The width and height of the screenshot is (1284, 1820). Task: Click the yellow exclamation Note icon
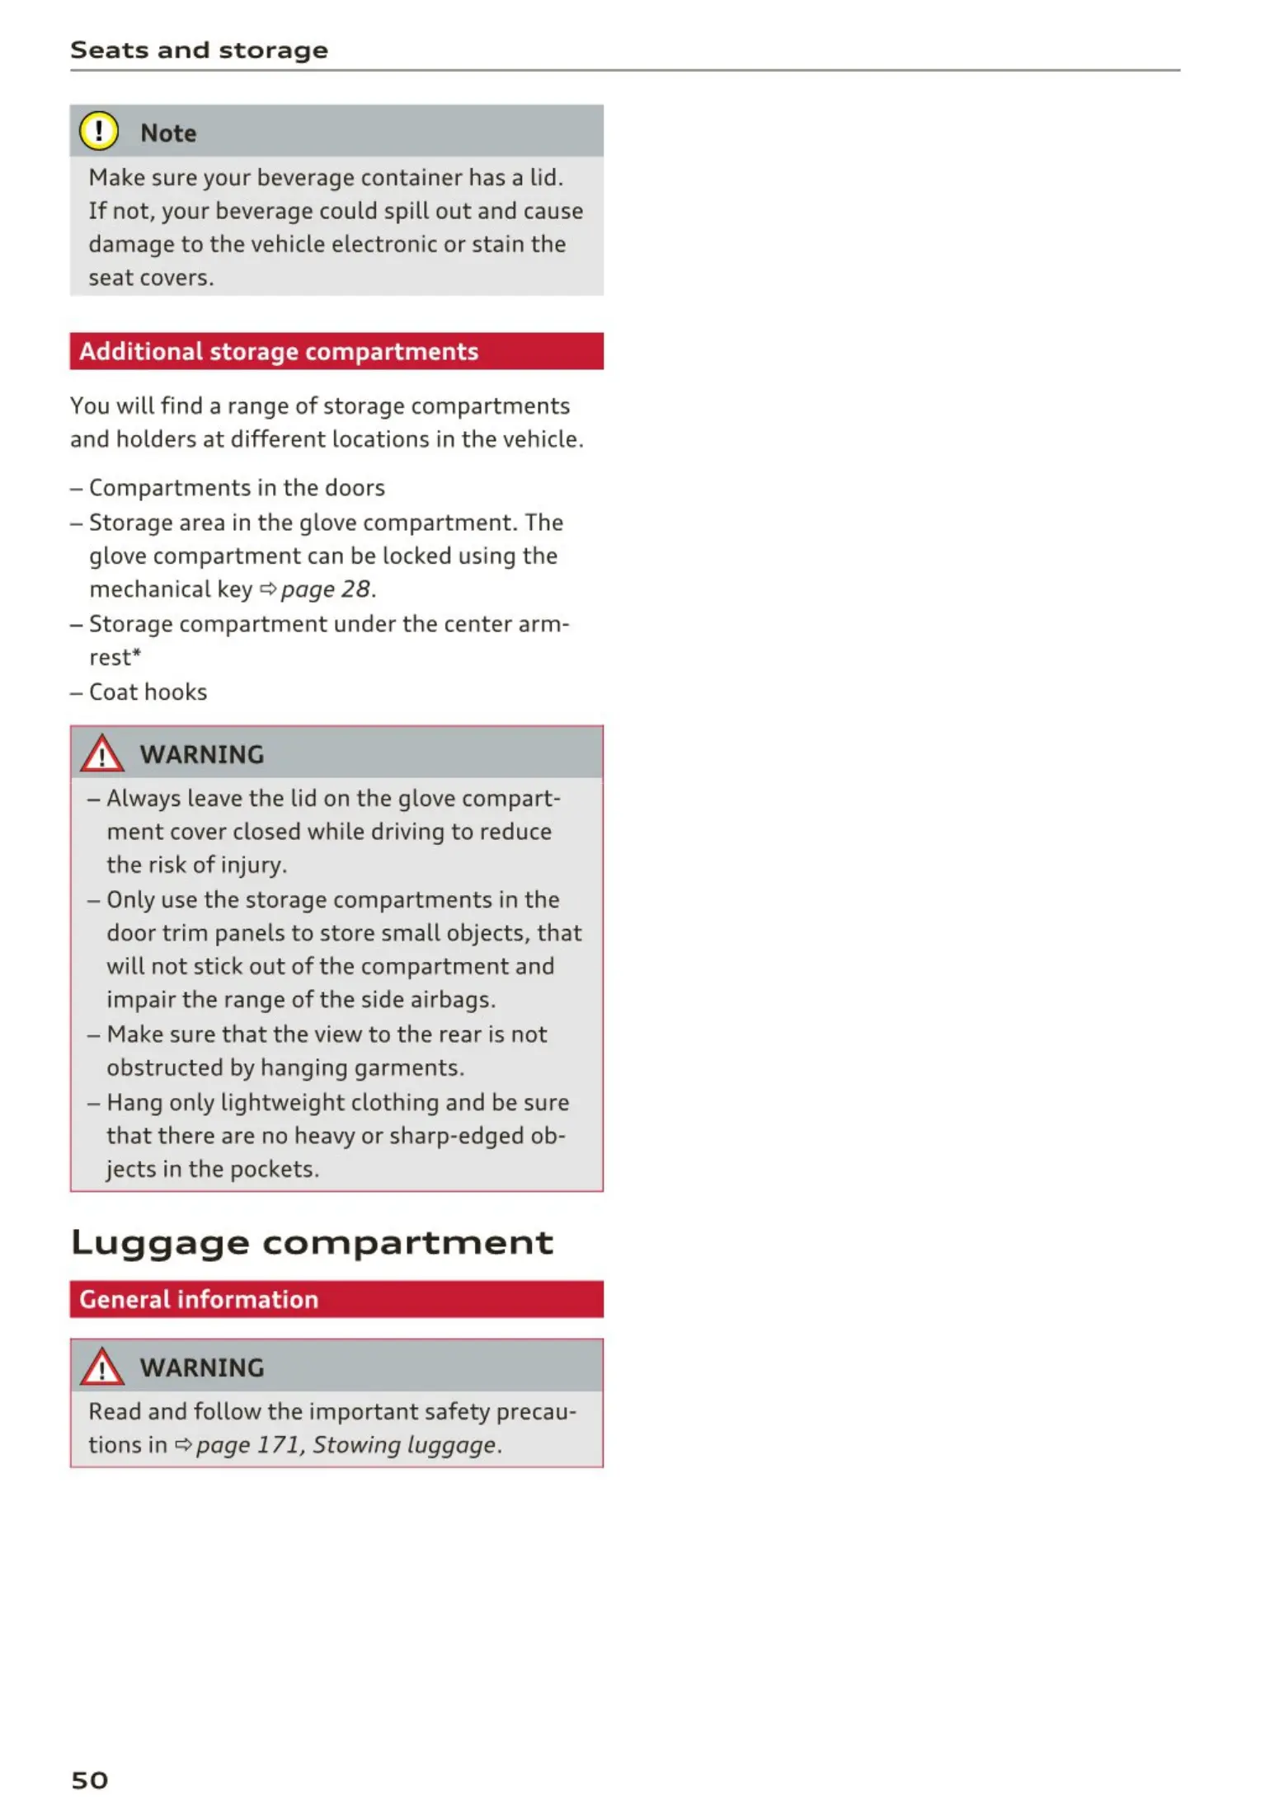99,131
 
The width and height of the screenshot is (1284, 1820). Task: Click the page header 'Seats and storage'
199,50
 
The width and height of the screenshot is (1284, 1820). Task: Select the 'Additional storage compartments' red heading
279,352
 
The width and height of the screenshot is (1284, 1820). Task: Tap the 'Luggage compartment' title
312,1242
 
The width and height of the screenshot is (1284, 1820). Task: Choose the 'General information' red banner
199,1300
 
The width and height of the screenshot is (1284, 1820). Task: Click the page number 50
89,1780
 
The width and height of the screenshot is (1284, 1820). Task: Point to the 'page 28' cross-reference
326,589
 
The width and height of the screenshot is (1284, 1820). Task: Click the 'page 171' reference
247,1445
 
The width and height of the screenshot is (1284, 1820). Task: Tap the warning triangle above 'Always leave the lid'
101,753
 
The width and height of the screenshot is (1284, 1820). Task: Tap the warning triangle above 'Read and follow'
101,1367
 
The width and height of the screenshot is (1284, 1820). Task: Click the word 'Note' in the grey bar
168,133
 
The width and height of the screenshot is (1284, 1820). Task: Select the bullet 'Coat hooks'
148,692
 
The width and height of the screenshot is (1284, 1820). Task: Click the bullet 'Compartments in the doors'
237,488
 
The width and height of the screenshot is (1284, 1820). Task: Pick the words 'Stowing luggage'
405,1445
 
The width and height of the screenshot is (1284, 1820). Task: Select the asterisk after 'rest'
137,653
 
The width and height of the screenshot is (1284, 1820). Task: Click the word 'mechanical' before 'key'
149,589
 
